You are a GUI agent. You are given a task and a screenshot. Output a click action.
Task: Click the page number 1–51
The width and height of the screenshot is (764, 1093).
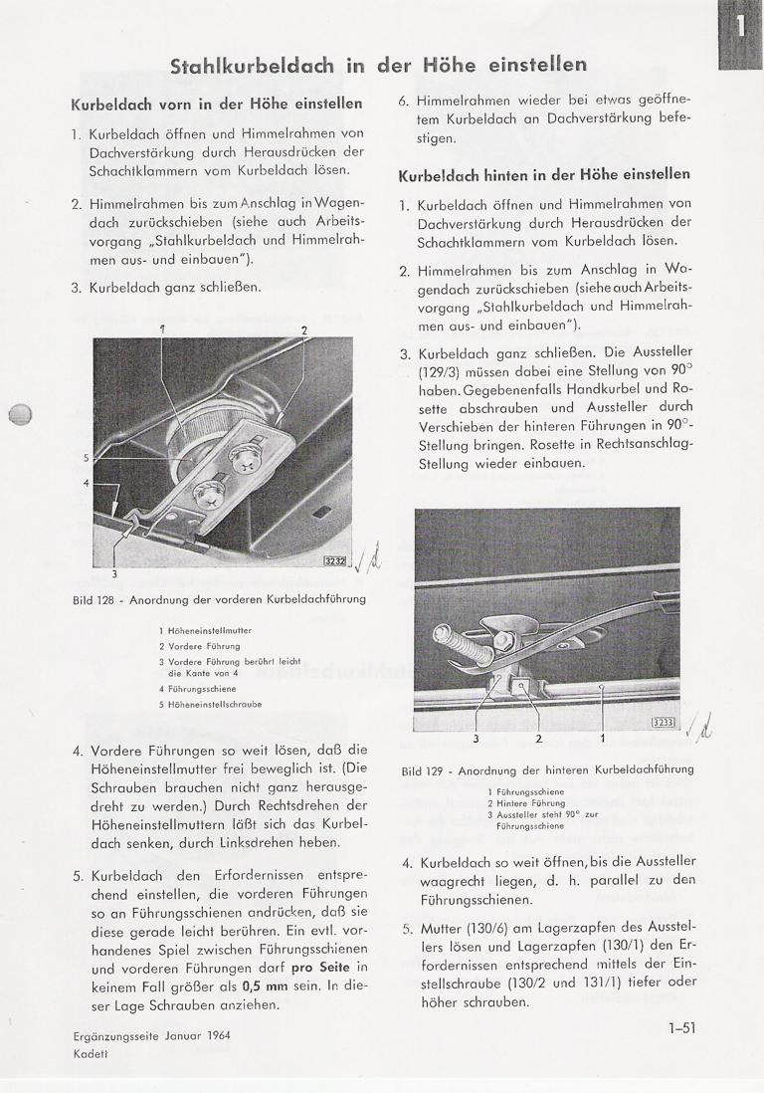pos(681,1029)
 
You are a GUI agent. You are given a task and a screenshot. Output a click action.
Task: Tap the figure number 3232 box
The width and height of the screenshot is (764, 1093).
pos(335,561)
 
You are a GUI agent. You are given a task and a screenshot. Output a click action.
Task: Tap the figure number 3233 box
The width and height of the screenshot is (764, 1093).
pos(663,723)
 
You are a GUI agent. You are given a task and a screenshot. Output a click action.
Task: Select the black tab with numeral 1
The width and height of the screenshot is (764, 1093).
pos(740,34)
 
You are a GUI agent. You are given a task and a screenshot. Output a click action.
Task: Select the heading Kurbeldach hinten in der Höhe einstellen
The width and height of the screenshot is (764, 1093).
pos(544,174)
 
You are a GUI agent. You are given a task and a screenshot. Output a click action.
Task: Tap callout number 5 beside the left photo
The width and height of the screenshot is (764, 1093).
pos(87,458)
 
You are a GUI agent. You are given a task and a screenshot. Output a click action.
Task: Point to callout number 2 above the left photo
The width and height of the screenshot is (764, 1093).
pos(303,329)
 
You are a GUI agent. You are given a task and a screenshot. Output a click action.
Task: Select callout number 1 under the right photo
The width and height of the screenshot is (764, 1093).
pos(602,739)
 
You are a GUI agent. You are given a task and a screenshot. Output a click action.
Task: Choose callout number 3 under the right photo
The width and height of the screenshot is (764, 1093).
pos(476,739)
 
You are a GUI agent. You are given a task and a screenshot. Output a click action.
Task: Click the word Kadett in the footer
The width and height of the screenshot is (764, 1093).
pos(93,1052)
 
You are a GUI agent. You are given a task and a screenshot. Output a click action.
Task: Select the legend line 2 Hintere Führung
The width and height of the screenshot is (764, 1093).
pos(526,802)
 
